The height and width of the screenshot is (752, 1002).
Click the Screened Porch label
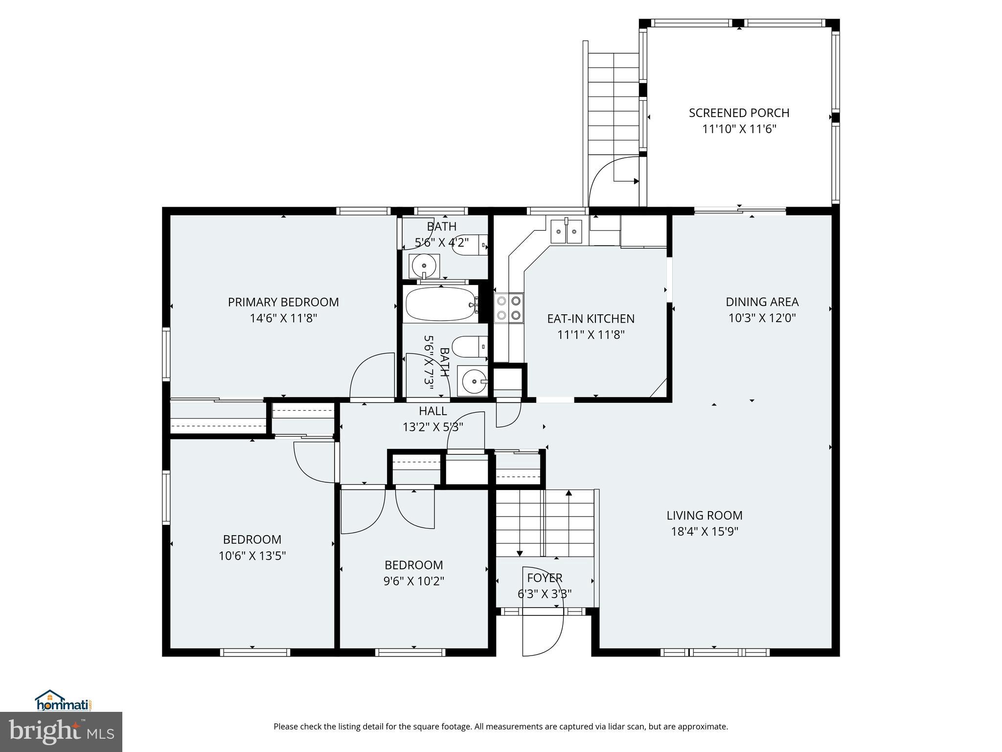[739, 113]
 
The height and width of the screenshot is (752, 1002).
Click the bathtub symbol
[440, 304]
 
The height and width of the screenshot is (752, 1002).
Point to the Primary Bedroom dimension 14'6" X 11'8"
[283, 318]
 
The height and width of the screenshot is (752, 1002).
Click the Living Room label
[704, 515]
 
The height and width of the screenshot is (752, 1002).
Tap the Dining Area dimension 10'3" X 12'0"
[762, 318]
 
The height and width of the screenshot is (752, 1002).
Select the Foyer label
[545, 578]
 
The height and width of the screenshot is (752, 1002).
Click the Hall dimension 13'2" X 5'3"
[433, 427]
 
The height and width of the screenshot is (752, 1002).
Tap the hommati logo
[63, 700]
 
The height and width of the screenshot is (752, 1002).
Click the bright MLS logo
[61, 731]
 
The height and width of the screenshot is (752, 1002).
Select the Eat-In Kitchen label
[591, 319]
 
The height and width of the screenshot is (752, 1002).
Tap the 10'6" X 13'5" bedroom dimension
[252, 556]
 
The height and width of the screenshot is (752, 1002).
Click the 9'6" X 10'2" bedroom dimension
[413, 581]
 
